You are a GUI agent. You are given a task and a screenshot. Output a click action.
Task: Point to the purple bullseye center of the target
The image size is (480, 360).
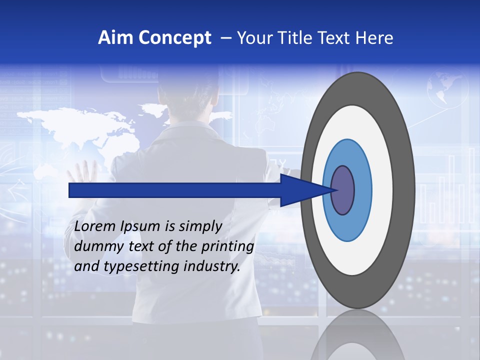(343, 190)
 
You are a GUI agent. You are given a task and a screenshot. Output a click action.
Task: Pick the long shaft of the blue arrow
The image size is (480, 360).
(175, 190)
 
